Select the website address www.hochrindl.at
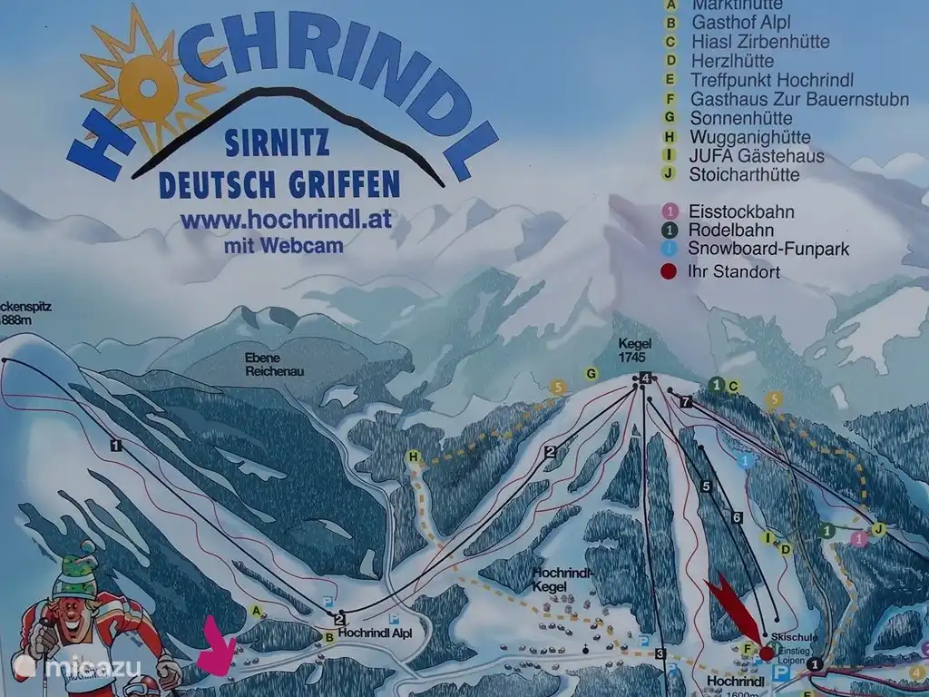tap(286, 220)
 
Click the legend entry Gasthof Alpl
tap(740, 23)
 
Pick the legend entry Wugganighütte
tap(749, 137)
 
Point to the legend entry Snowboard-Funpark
tap(768, 248)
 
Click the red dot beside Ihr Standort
tap(670, 270)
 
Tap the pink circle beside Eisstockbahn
tap(670, 211)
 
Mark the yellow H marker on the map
tap(414, 456)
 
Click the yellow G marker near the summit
tap(592, 373)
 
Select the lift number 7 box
tap(686, 401)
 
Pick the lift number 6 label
tap(737, 517)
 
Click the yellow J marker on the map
tap(877, 529)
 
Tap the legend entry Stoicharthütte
tap(745, 175)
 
